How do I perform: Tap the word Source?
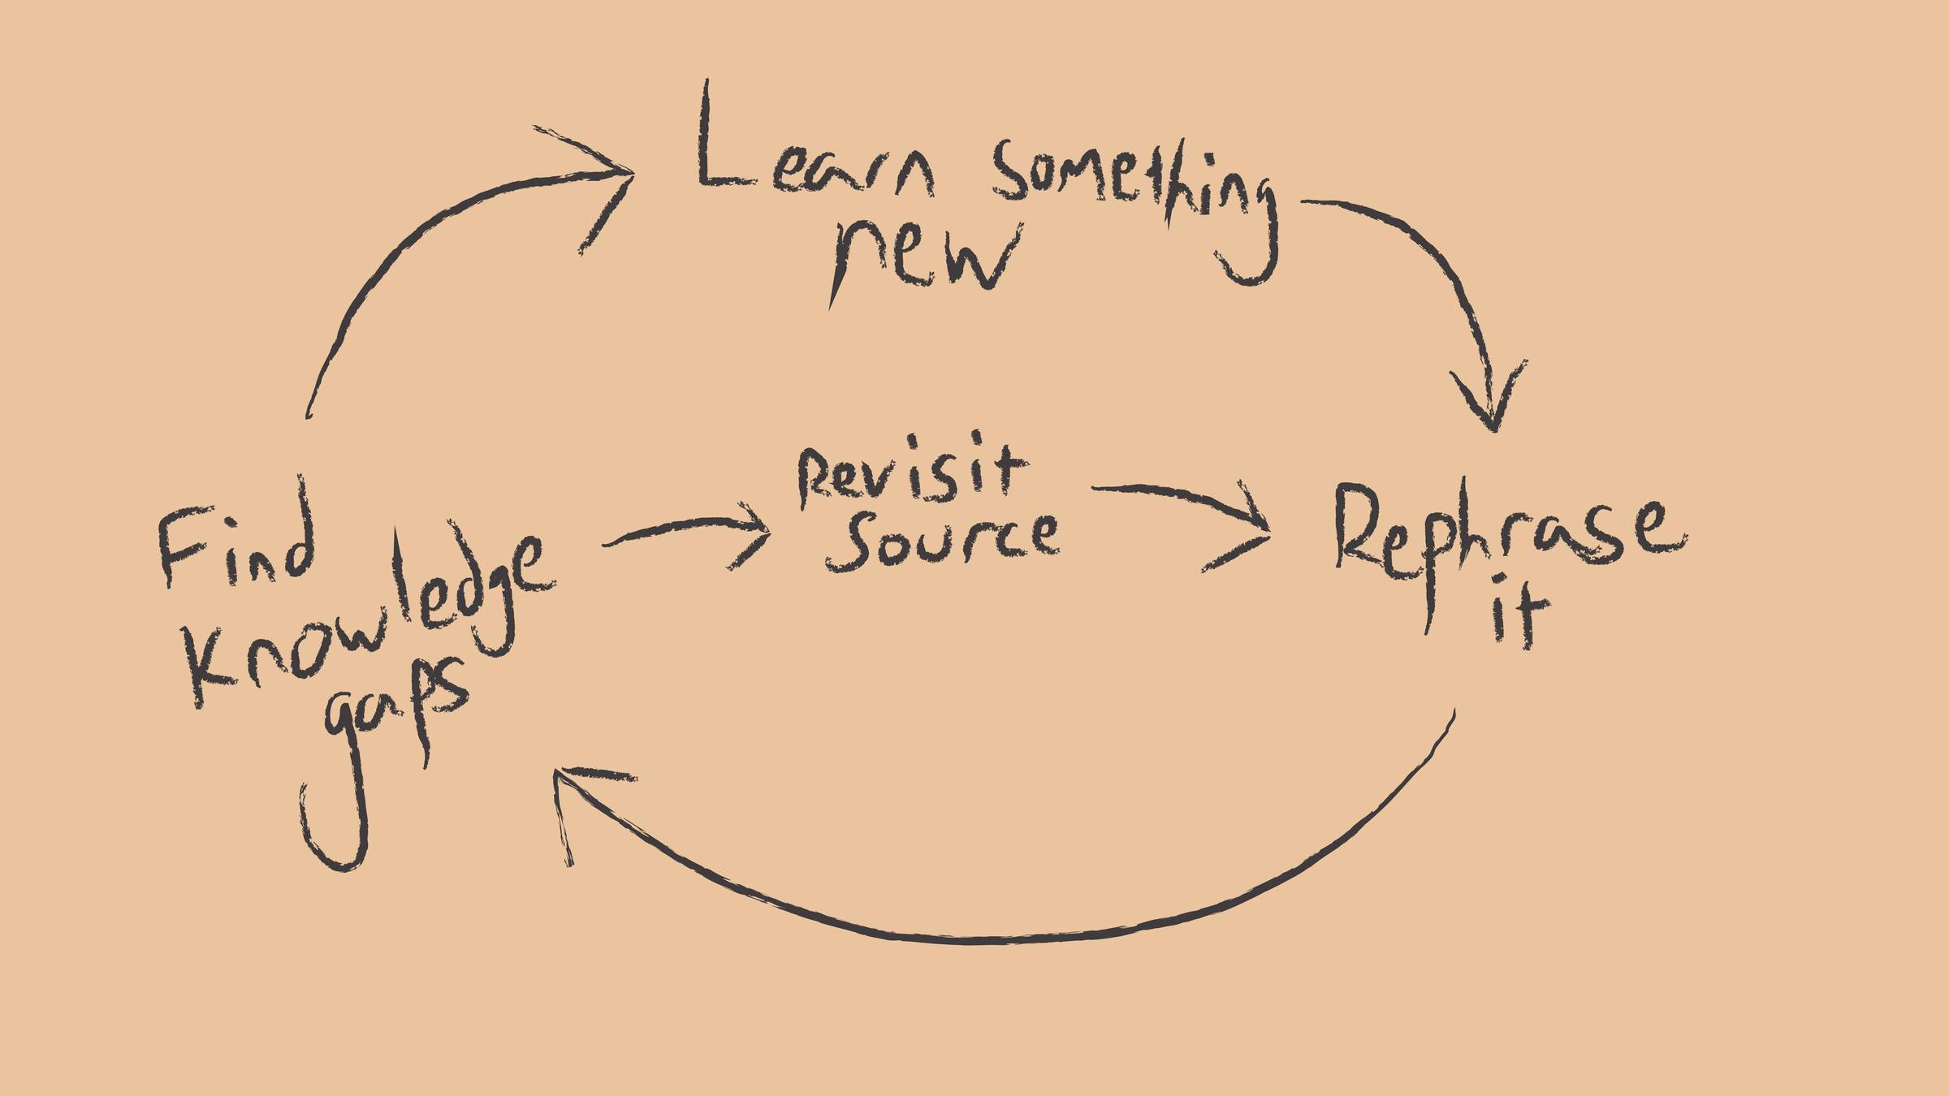[x=942, y=540]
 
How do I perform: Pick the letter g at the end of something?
[x=1251, y=235]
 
